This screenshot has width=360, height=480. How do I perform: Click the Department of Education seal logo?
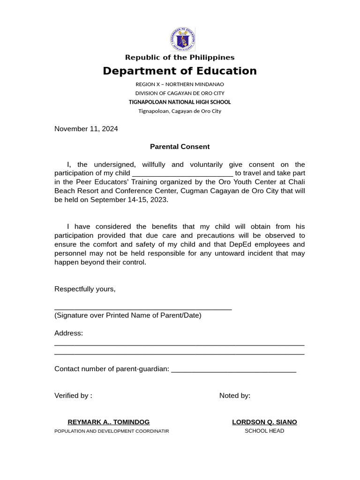pos(183,39)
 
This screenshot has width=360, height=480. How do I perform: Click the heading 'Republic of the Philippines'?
pos(180,58)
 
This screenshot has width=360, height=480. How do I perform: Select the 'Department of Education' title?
pos(180,71)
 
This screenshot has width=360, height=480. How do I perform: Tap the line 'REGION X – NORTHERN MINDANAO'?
pos(180,84)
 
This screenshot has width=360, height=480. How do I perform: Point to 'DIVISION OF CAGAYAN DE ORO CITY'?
pos(180,93)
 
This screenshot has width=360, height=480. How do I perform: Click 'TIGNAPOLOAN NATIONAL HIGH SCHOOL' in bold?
pos(180,102)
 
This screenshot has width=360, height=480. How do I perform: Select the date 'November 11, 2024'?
pos(86,129)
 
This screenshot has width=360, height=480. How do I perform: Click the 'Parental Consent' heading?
pos(180,147)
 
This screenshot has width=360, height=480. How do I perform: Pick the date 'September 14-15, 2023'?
pos(128,200)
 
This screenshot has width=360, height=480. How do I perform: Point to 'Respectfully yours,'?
pos(85,289)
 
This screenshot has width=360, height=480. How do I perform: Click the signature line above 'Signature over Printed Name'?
pos(143,309)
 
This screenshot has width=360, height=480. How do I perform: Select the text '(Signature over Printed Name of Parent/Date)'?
pos(128,315)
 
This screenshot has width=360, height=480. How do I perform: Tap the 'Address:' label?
pos(68,333)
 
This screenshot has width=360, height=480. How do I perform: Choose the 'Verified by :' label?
pos(73,396)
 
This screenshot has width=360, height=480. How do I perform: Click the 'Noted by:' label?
pos(235,396)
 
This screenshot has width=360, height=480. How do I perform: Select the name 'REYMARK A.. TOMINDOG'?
pos(109,422)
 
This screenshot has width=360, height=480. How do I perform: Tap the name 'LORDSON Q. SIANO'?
pos(264,422)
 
